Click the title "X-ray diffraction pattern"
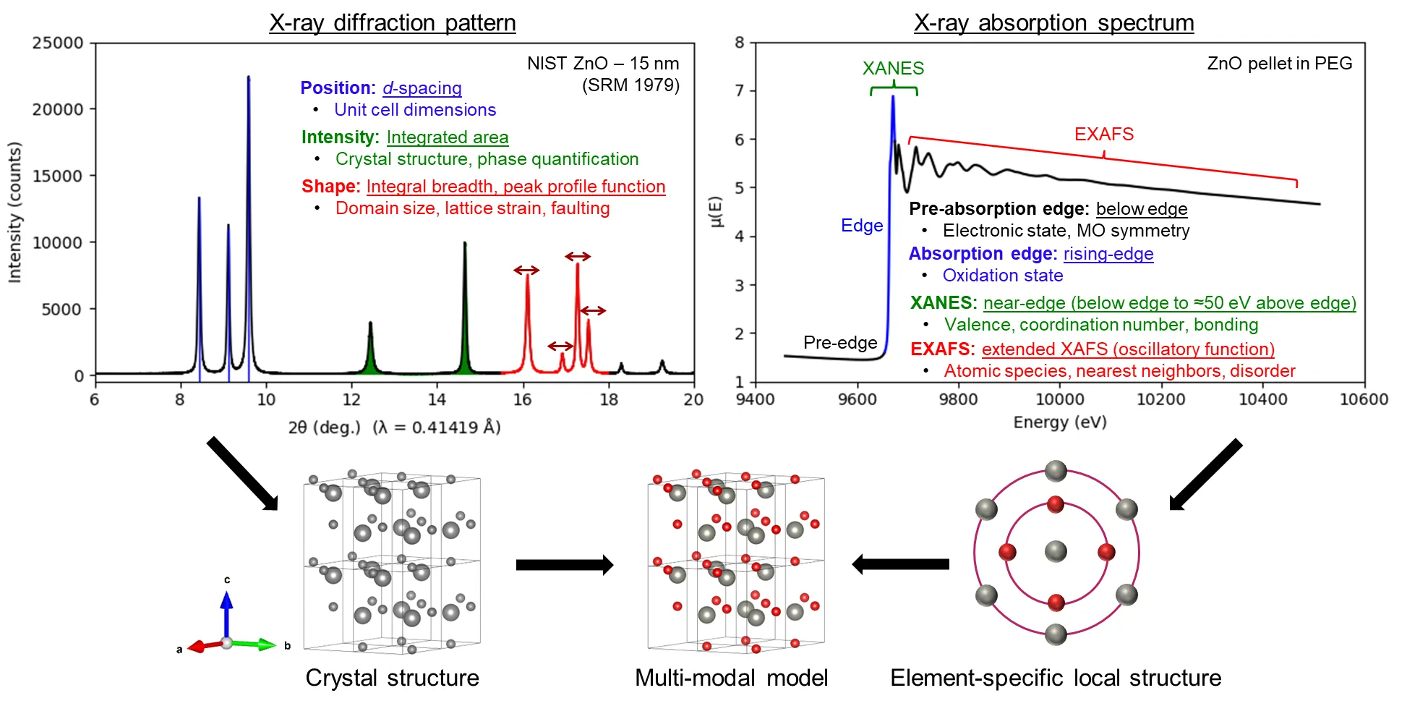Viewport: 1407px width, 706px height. (x=392, y=23)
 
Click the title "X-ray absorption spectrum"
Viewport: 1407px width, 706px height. (x=1053, y=23)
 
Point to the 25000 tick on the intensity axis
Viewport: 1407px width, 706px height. (x=58, y=43)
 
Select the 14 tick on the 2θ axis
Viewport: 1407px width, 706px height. (x=437, y=399)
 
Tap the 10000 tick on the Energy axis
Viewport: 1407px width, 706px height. (x=1059, y=399)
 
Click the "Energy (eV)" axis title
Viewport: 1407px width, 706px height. (x=1059, y=422)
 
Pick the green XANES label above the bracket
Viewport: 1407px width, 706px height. (x=893, y=68)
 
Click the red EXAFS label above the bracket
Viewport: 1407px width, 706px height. (x=1103, y=134)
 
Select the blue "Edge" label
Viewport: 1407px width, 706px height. (x=862, y=226)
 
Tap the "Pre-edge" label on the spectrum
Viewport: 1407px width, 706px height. (x=840, y=342)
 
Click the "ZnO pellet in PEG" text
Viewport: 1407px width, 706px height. (x=1279, y=64)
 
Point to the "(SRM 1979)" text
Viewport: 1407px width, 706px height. (x=630, y=85)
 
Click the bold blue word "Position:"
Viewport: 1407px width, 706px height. (x=338, y=88)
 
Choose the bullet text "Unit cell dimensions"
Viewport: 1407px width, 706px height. (x=415, y=110)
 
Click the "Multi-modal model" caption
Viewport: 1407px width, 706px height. (x=731, y=678)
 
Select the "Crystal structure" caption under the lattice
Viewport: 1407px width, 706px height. (x=392, y=678)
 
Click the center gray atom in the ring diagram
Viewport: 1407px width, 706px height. (x=1056, y=552)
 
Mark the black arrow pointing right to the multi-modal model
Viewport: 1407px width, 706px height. (x=564, y=565)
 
